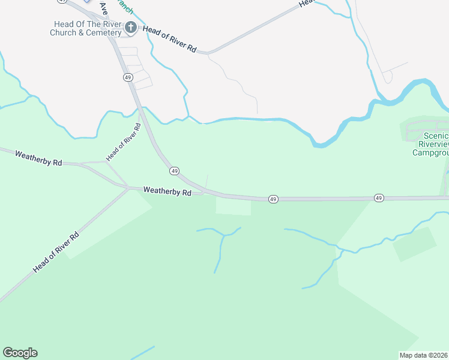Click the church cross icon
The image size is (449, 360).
point(130,27)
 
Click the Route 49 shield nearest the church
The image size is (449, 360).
point(128,77)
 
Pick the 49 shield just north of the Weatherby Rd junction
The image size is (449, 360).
point(174,171)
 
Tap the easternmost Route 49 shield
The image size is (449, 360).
point(378,197)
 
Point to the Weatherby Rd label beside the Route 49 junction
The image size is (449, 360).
point(167,192)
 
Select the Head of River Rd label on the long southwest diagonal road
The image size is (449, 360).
point(56,253)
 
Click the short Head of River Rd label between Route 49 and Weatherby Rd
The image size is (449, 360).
point(124,142)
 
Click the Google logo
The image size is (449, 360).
point(20,353)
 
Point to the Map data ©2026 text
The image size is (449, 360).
point(424,355)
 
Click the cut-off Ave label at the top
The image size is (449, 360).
point(103,8)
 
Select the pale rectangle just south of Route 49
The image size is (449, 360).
point(233,206)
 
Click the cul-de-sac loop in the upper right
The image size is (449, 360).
point(387,77)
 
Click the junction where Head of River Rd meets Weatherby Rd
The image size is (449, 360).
point(128,188)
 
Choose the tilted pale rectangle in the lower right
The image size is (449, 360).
point(414,243)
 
